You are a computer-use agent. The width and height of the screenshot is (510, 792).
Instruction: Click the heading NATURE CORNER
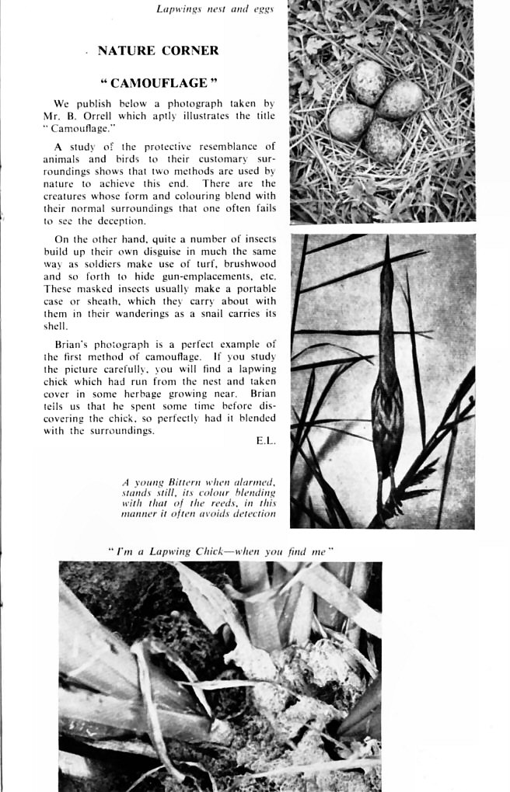coord(158,51)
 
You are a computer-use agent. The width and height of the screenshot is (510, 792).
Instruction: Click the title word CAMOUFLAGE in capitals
coord(159,83)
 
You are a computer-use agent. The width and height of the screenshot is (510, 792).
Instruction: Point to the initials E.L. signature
coord(265,440)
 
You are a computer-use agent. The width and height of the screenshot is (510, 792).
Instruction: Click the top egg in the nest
coord(368,82)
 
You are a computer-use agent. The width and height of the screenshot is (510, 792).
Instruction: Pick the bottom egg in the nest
coord(384,139)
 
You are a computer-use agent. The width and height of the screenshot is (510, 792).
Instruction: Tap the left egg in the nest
coord(349,121)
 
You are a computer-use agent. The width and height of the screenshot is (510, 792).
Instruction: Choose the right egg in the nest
coord(400,99)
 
